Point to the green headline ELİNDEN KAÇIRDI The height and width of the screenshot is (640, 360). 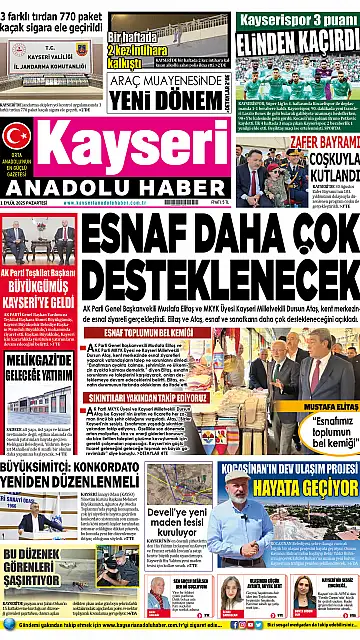(x=295, y=41)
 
